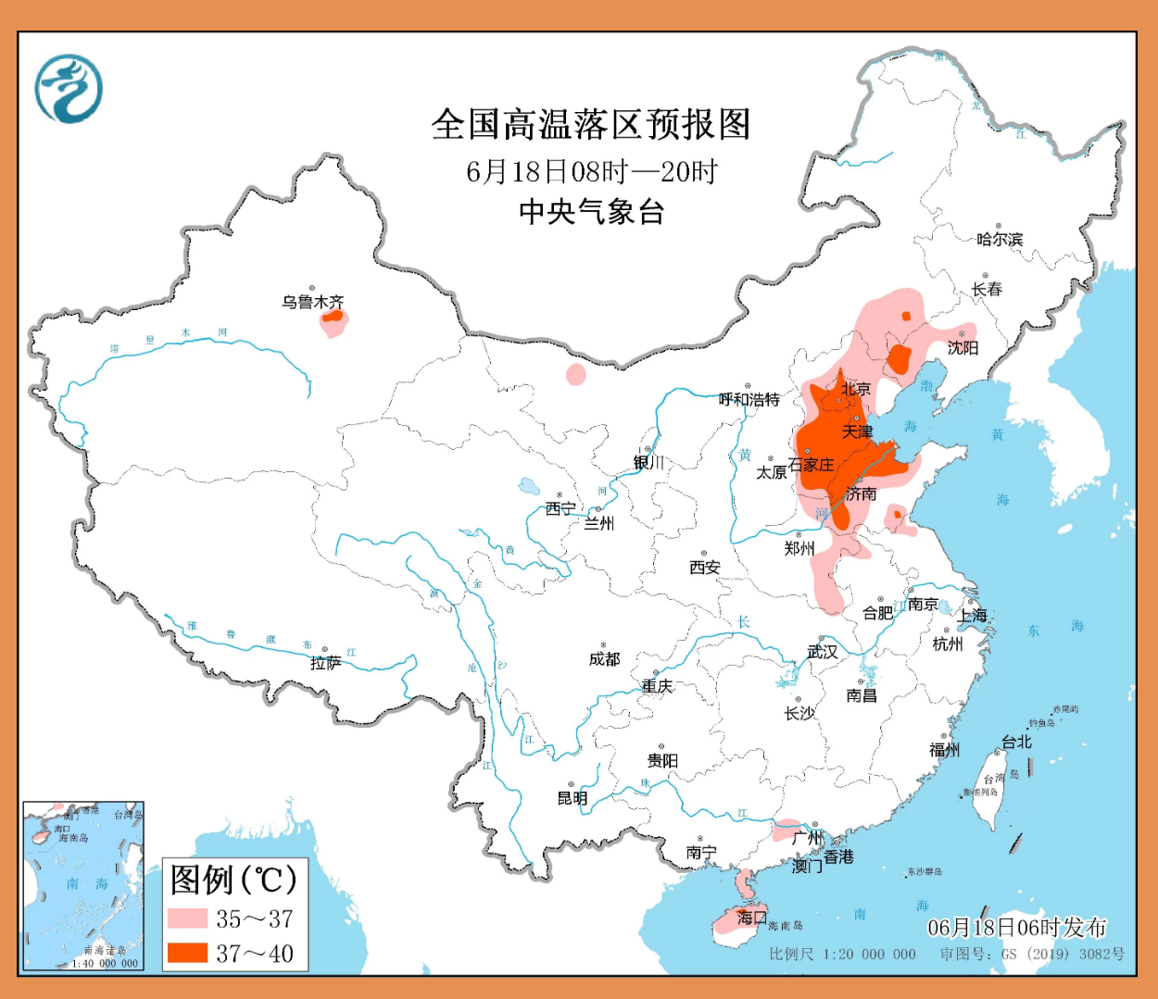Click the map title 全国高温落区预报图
tap(590, 124)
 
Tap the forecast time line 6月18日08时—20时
tap(590, 171)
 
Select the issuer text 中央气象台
tap(590, 212)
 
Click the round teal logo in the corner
tap(69, 89)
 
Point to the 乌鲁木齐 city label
tap(313, 302)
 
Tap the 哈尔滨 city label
tap(1000, 239)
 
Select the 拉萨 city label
tap(325, 663)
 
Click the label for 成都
tap(604, 658)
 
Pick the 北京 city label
tap(856, 389)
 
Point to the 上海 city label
tap(973, 616)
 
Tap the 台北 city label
tap(1016, 743)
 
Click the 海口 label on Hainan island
tap(751, 917)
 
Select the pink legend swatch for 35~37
tap(187, 918)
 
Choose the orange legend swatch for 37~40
tap(187, 952)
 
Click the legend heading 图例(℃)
tap(233, 880)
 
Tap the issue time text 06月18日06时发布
tap(1017, 928)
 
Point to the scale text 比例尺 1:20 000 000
tap(842, 954)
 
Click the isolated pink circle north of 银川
tap(575, 374)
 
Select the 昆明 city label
tap(572, 798)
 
